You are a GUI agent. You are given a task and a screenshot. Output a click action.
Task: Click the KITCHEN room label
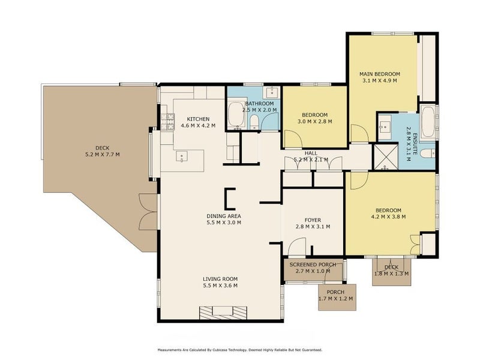pyautogui.click(x=198, y=119)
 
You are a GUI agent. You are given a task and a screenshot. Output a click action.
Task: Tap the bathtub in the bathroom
pyautogui.click(x=236, y=115)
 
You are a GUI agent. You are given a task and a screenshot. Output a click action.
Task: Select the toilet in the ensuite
pyautogui.click(x=427, y=154)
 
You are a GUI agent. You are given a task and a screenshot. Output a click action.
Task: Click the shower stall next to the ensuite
pyautogui.click(x=386, y=157)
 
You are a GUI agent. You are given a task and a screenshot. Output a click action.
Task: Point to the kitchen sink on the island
pyautogui.click(x=182, y=157)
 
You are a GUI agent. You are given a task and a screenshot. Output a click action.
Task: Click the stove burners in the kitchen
pyautogui.click(x=167, y=121)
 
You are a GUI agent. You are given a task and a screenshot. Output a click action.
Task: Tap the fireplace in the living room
pyautogui.click(x=223, y=313)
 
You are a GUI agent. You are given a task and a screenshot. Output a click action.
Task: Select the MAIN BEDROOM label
pyautogui.click(x=380, y=74)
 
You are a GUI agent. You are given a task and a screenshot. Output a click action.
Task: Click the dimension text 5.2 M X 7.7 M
pyautogui.click(x=102, y=155)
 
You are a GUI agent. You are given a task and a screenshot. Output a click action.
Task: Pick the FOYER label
pyautogui.click(x=313, y=220)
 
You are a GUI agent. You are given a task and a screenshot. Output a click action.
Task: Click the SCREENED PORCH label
pyautogui.click(x=313, y=265)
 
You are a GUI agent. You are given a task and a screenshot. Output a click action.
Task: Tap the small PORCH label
pyautogui.click(x=335, y=292)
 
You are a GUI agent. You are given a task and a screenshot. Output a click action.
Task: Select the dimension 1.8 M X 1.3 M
pyautogui.click(x=392, y=274)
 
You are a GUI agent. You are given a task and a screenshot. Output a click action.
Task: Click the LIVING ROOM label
pyautogui.click(x=220, y=279)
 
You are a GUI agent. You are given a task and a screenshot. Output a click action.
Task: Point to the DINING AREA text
pyautogui.click(x=223, y=216)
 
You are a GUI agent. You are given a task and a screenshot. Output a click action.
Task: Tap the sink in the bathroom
pyautogui.click(x=271, y=92)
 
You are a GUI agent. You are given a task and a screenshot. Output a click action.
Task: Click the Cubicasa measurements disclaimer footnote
pyautogui.click(x=239, y=350)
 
